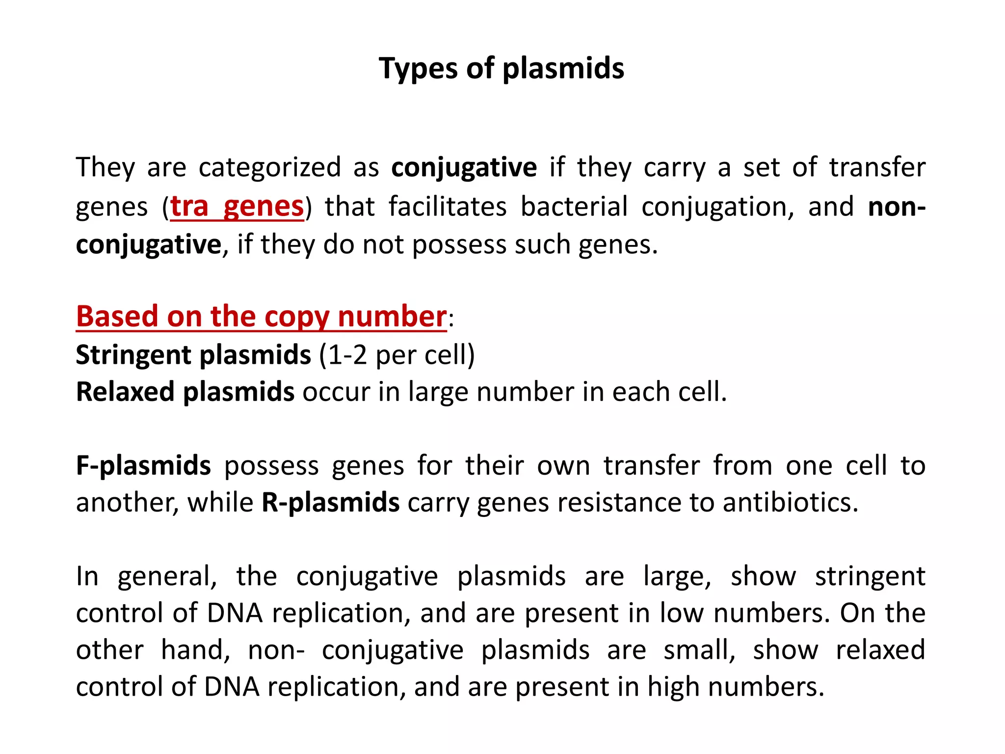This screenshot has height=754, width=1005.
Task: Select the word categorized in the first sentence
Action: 269,167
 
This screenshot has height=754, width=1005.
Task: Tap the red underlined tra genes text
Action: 237,207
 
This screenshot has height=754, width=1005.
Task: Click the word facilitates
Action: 448,207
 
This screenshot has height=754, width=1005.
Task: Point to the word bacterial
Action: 574,207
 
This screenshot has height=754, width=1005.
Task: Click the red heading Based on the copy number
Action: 261,317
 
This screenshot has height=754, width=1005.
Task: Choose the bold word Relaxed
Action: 125,392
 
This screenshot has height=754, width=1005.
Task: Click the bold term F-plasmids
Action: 143,466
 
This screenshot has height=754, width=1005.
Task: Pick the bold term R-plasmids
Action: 330,503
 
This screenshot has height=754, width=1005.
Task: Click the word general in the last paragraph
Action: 167,577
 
